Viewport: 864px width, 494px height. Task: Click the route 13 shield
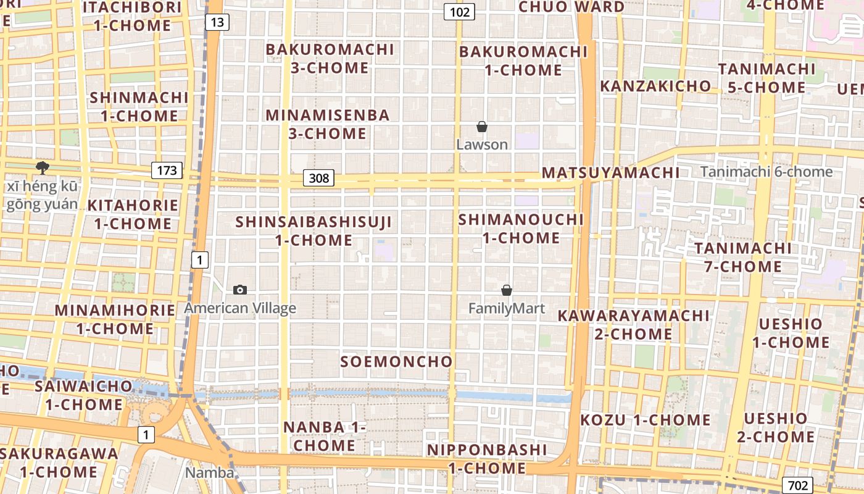(x=217, y=23)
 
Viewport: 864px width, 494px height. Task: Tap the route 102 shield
(x=459, y=12)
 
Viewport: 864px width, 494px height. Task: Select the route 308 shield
(x=318, y=179)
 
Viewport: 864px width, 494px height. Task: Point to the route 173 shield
(x=167, y=170)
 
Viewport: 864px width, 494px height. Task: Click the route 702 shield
(x=797, y=485)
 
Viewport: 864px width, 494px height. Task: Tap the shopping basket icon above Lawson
(x=482, y=127)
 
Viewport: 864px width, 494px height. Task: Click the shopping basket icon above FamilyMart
(x=507, y=290)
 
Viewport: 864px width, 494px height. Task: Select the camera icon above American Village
(x=240, y=290)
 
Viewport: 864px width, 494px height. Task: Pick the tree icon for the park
(x=43, y=167)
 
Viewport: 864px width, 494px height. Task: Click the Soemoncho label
(x=397, y=361)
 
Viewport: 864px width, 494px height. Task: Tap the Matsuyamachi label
(x=610, y=173)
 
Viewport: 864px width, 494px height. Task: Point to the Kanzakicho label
(x=655, y=86)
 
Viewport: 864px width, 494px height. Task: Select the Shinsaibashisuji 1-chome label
(x=314, y=230)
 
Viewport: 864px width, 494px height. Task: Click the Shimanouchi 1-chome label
(x=521, y=228)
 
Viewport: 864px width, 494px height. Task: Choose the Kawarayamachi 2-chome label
(x=633, y=325)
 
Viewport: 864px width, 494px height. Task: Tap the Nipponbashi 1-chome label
(x=487, y=458)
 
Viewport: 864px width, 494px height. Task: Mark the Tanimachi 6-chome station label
(x=766, y=172)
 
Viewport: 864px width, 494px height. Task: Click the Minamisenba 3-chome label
(x=328, y=124)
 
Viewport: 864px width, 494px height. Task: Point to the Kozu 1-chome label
(x=646, y=420)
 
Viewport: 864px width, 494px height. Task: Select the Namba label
(x=210, y=473)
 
